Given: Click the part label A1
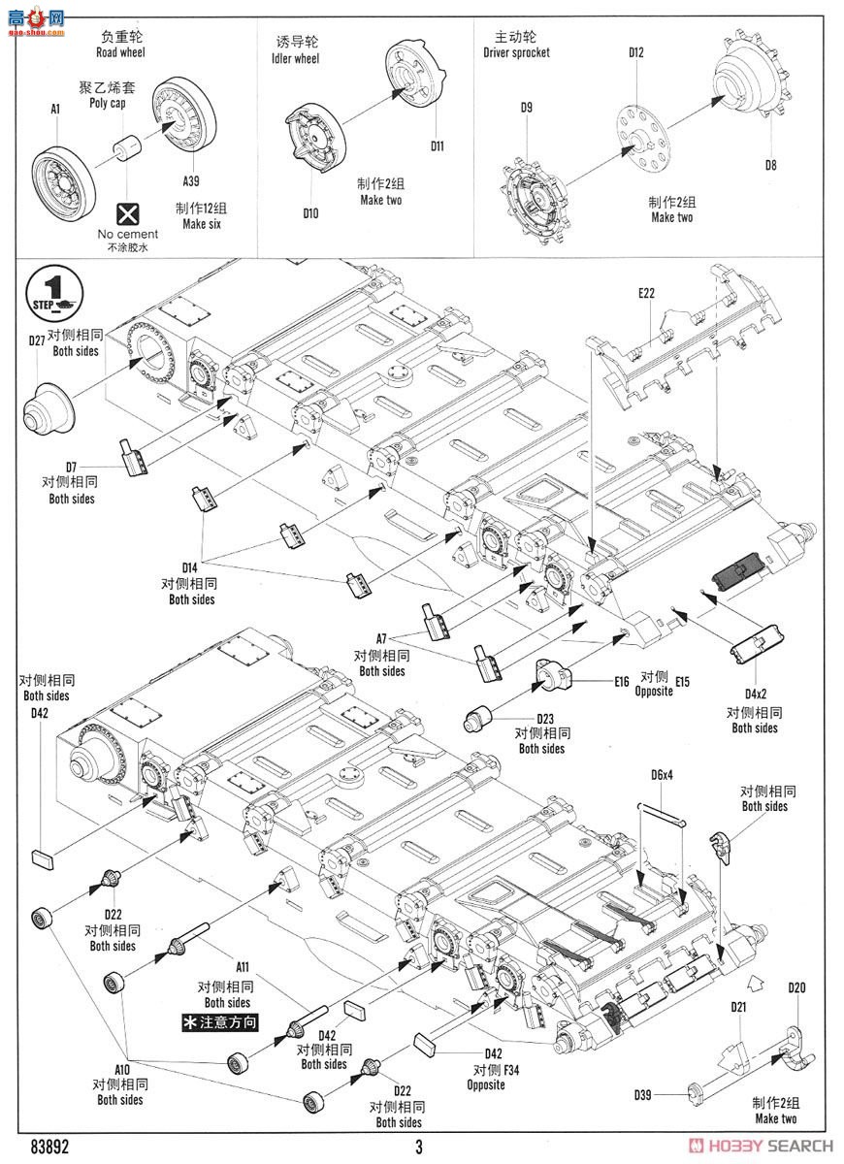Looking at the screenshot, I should click(x=55, y=111).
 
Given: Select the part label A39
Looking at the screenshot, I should click(x=192, y=180).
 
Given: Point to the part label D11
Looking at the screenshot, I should click(x=438, y=146).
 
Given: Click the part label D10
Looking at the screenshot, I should click(x=310, y=213).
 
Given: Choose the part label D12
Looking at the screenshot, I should click(x=636, y=52).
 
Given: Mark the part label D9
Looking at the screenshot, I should click(x=526, y=108).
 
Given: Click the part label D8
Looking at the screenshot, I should click(x=770, y=165).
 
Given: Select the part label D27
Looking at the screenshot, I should click(x=37, y=340).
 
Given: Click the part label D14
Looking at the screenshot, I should click(x=190, y=566).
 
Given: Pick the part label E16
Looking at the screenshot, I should click(x=622, y=681).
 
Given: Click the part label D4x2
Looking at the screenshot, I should click(x=757, y=694).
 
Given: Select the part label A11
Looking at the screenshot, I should click(x=243, y=967).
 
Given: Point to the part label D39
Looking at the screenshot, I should click(x=643, y=1095).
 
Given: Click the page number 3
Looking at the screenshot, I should click(x=420, y=1148).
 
